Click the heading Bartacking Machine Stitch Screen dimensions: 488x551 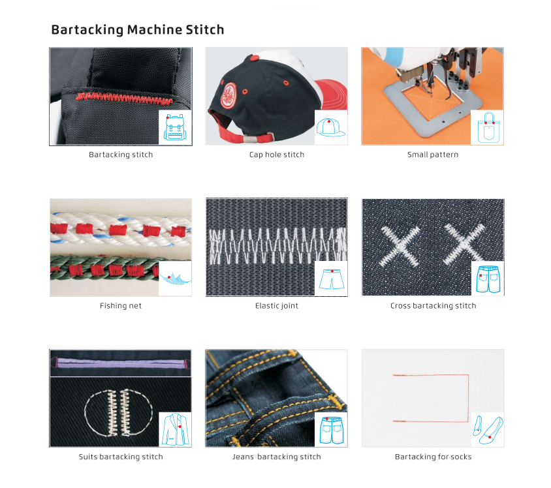coord(138,30)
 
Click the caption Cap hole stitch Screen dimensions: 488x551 coord(277,155)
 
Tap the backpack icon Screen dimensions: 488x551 coord(175,127)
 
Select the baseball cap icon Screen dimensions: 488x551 coord(330,127)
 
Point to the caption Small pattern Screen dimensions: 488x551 coord(433,155)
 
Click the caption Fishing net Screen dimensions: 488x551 coord(121,305)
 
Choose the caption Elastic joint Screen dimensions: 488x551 coord(277,305)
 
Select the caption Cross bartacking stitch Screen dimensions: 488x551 coord(433,305)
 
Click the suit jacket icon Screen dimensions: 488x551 coord(175,429)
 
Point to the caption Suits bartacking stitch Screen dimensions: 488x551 coord(121,457)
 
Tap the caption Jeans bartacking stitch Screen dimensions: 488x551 coord(277,457)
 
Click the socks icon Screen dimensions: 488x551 coord(486,429)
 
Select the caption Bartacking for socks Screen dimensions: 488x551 coord(433,457)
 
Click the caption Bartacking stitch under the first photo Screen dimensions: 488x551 coord(121,155)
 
